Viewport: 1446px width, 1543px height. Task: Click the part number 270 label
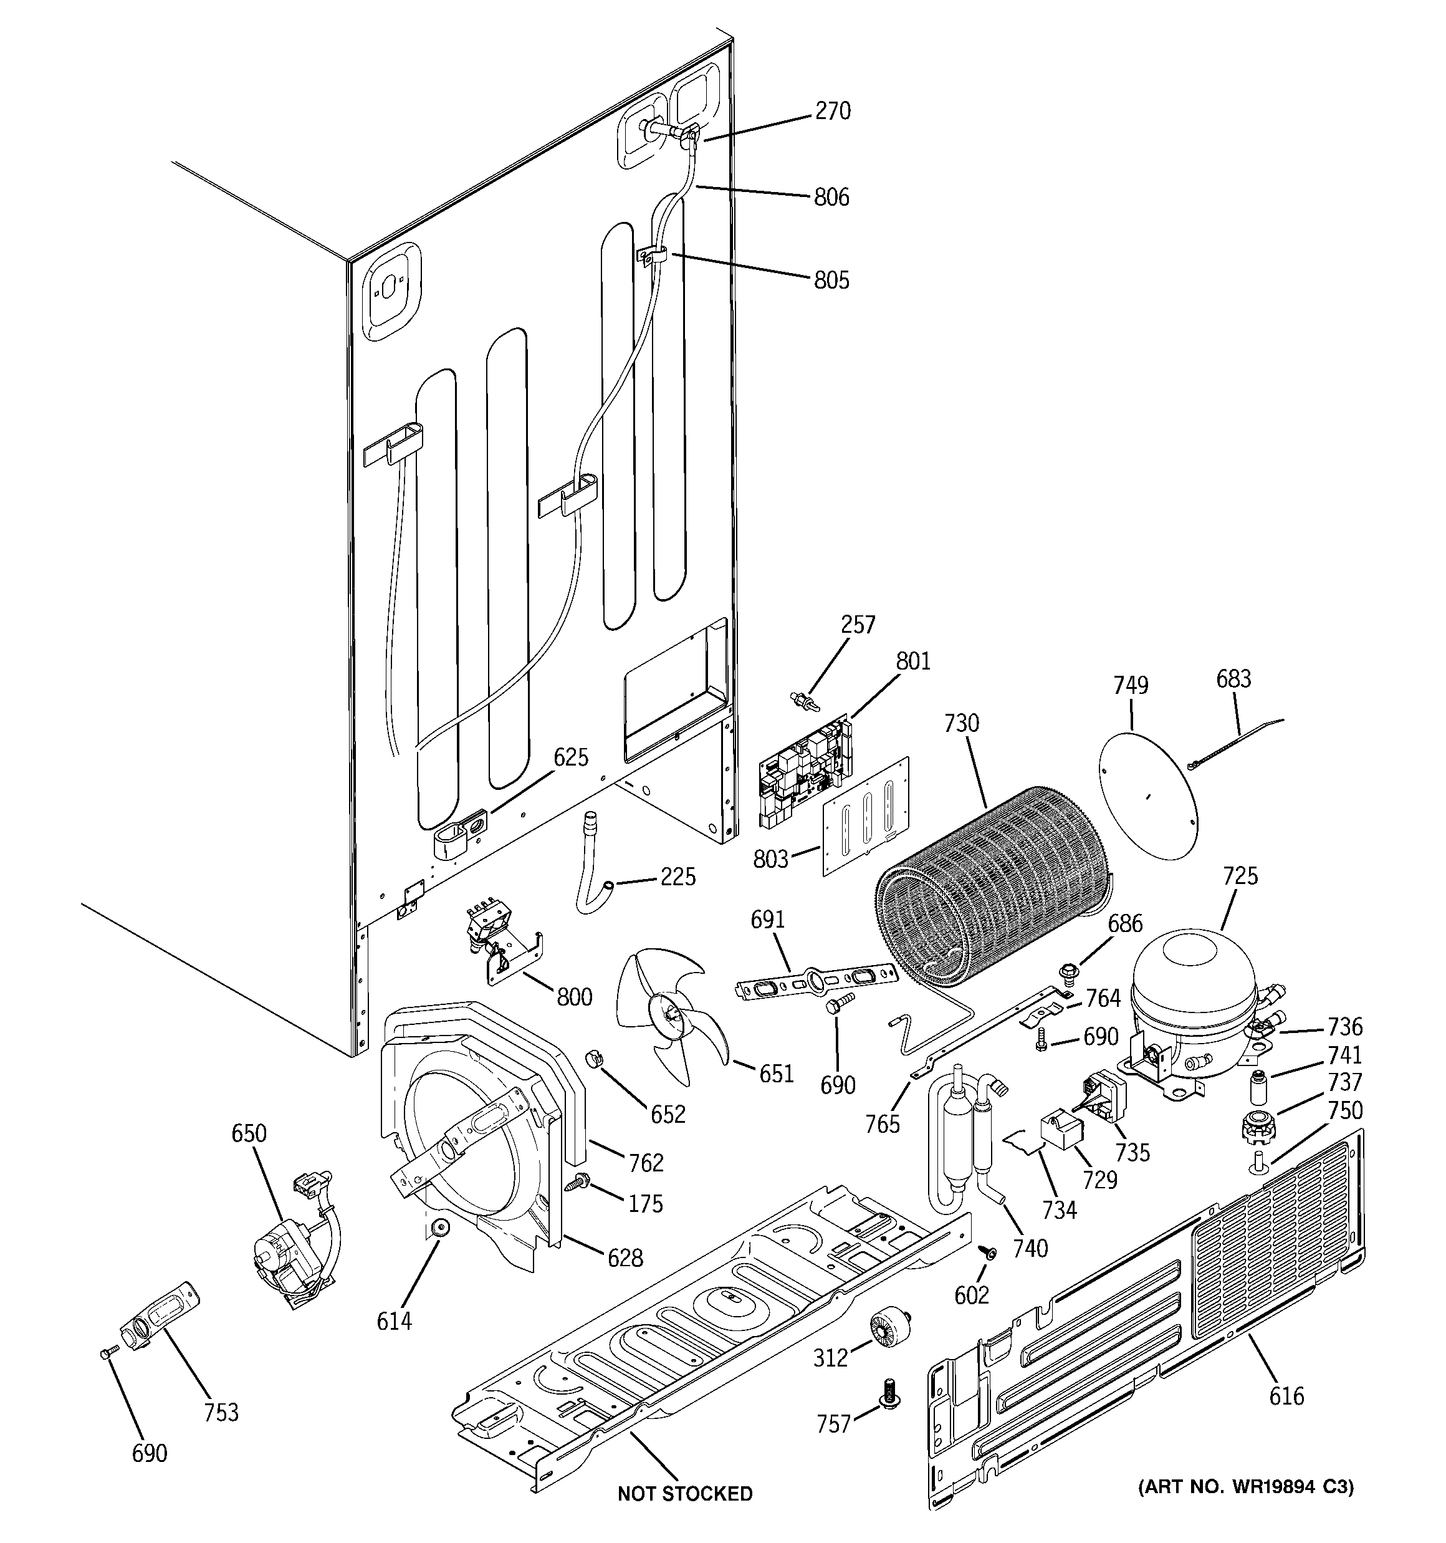click(x=832, y=112)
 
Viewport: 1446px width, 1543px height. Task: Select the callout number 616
click(x=1286, y=1396)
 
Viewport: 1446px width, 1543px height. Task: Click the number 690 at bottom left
click(x=149, y=1453)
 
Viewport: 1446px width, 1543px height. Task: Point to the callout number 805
click(x=831, y=280)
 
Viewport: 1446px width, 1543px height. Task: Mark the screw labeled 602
click(x=987, y=1252)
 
